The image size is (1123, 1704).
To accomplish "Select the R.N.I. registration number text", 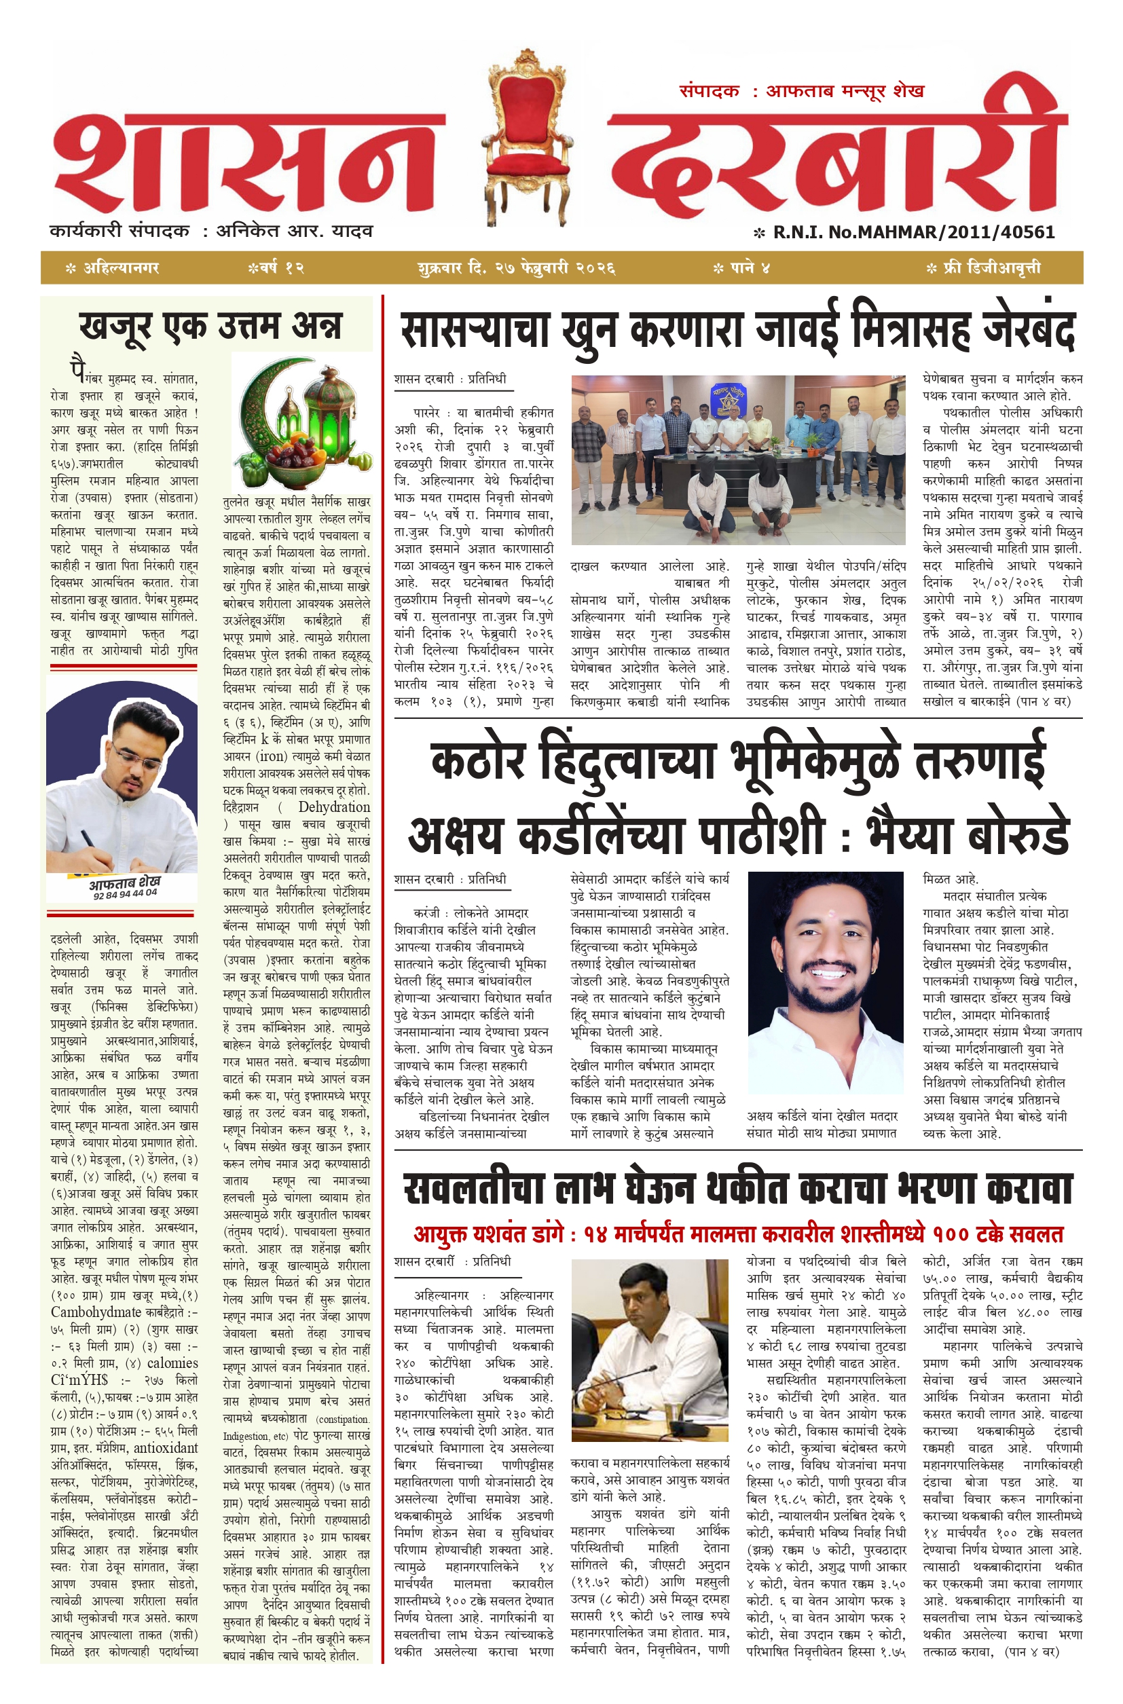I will [x=913, y=232].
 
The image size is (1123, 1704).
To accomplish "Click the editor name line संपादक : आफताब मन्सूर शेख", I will [x=801, y=91].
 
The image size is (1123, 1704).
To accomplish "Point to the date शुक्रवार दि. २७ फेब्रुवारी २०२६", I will [x=517, y=267].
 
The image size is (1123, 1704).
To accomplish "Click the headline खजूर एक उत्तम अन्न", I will [x=210, y=327].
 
